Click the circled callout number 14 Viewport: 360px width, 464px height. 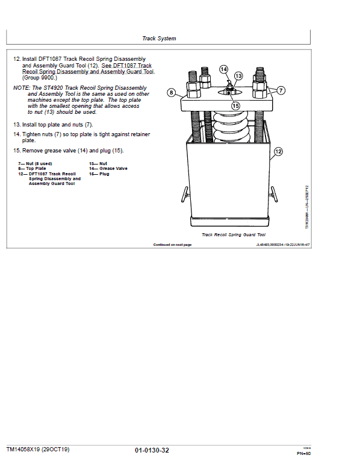[224, 69]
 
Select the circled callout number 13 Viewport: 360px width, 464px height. [238, 76]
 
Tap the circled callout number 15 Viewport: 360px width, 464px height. [235, 105]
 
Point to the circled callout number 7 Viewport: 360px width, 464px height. [281, 90]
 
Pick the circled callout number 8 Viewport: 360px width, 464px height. [172, 93]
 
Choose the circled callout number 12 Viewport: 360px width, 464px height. [278, 151]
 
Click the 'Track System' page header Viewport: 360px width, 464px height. [159, 39]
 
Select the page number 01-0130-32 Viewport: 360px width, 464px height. [152, 450]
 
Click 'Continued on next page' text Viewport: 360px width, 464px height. [172, 245]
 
